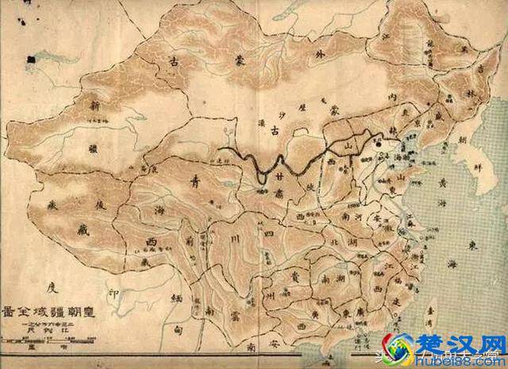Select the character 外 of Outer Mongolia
301,56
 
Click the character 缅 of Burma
176,298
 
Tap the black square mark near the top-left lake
31,57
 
